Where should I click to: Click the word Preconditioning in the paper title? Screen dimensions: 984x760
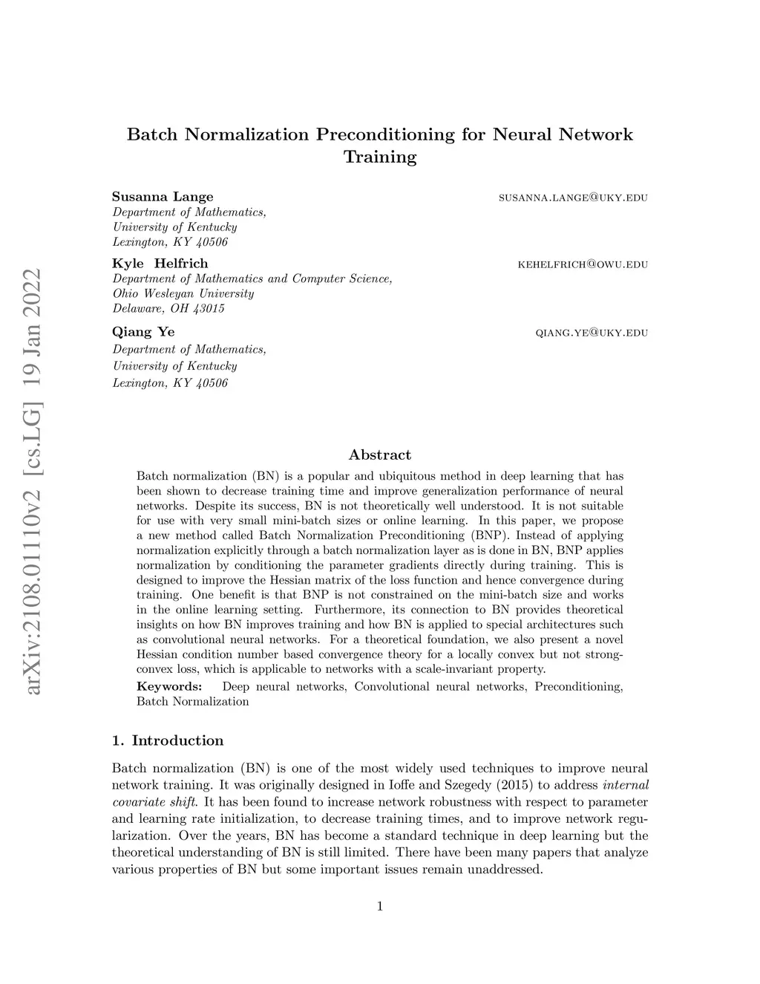[x=385, y=135]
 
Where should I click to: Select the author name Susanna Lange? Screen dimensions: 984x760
[x=163, y=197]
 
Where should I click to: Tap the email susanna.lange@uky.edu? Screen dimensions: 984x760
[x=573, y=198]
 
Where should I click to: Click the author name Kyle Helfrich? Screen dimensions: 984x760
[x=160, y=264]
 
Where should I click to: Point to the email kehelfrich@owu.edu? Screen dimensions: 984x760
[x=583, y=264]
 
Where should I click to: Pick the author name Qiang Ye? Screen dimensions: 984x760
[x=143, y=332]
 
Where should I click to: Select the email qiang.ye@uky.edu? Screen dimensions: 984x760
[x=592, y=333]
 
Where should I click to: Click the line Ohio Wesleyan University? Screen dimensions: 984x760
[x=183, y=293]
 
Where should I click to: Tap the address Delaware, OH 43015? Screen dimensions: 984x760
[x=168, y=308]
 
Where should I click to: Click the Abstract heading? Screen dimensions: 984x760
[x=380, y=454]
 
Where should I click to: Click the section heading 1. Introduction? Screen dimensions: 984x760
[x=168, y=740]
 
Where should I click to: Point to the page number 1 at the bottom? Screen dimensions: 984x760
[x=380, y=906]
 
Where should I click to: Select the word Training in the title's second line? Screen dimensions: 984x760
[x=380, y=157]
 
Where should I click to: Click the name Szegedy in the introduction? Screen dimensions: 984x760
[x=446, y=785]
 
